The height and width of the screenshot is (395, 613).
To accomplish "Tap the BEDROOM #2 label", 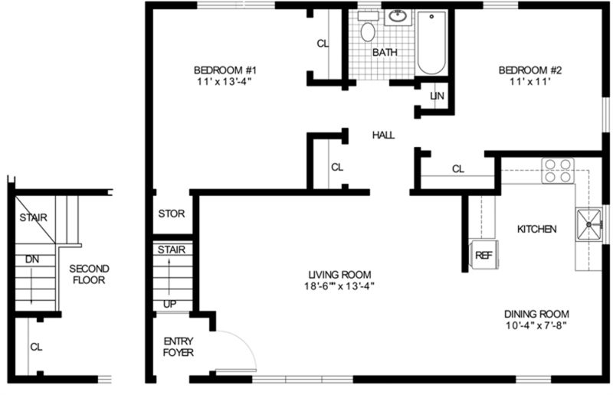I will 526,71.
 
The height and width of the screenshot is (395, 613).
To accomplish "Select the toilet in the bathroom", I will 368,31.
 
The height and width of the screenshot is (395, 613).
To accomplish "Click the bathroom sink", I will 397,17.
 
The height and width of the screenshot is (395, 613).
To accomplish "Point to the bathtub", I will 431,43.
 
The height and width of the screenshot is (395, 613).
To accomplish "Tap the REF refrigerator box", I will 483,255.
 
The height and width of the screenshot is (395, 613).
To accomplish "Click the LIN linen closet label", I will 438,96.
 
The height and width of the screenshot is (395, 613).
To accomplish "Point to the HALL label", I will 383,135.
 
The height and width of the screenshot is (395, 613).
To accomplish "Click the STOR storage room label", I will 171,214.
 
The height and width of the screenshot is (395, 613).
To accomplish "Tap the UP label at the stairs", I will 169,304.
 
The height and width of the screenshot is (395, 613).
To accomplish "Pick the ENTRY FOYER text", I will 178,347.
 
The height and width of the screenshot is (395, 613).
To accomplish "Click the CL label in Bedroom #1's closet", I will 323,44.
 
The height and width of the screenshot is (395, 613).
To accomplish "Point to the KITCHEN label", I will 536,229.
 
